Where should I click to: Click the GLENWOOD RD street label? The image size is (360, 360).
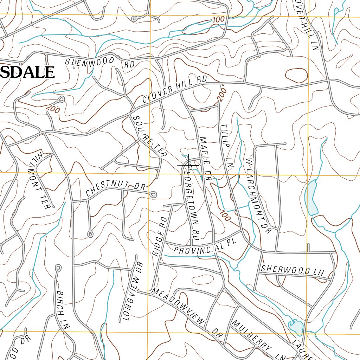pyautogui.click(x=95, y=62)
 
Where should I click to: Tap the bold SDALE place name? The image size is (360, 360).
pyautogui.click(x=27, y=72)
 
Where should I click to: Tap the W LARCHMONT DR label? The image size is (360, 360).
pyautogui.click(x=259, y=195)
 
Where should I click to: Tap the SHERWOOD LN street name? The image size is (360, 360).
pyautogui.click(x=292, y=270)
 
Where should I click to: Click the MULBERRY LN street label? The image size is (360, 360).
pyautogui.click(x=258, y=340)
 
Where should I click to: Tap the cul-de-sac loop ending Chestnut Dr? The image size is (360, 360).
pyautogui.click(x=154, y=194)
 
